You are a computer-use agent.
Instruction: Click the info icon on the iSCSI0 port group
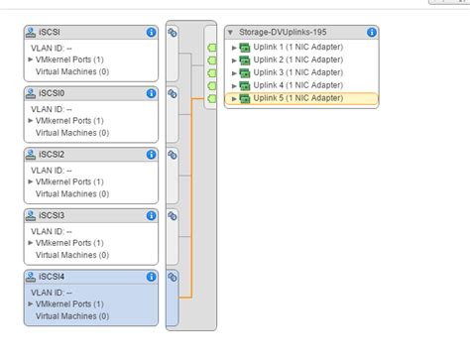(151, 93)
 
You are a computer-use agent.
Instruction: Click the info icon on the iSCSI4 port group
(151, 278)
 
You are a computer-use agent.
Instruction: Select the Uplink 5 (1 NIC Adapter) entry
(296, 98)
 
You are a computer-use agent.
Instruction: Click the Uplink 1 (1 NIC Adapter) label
(296, 47)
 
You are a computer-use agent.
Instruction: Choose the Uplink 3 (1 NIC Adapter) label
(296, 72)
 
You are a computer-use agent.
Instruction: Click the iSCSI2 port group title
(48, 155)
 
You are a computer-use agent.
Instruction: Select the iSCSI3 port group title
(48, 216)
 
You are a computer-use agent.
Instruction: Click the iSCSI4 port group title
(48, 278)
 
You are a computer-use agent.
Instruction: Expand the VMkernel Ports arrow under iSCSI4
(31, 304)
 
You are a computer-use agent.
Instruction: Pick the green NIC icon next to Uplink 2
(244, 60)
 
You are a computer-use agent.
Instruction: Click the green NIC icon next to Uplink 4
(244, 85)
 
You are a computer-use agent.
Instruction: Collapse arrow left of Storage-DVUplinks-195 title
(231, 32)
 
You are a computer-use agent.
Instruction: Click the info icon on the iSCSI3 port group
(151, 216)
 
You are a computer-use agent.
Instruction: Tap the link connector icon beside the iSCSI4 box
(173, 278)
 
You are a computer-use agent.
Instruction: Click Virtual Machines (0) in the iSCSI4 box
(72, 316)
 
